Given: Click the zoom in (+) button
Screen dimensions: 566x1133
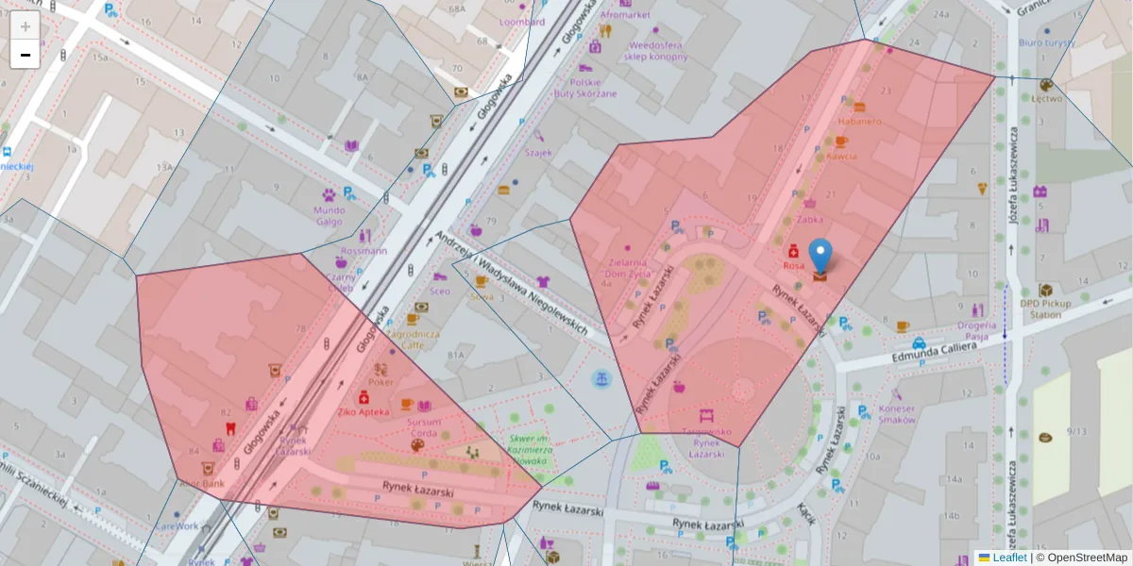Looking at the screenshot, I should pos(25,25).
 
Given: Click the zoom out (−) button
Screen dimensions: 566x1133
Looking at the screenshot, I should pos(25,55).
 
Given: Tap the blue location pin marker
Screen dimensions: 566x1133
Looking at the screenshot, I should pos(820,257).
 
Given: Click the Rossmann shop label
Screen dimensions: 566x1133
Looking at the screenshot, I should pos(364,251).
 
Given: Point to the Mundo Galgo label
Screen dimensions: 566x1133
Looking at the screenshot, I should pos(330,216).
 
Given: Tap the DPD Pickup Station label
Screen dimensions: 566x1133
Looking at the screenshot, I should pos(1044,308).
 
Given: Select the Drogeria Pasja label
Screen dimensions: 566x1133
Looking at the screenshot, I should pos(976,330).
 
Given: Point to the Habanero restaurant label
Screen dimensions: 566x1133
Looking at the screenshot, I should pos(859,121).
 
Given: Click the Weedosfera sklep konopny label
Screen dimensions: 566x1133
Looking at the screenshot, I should pos(655,50).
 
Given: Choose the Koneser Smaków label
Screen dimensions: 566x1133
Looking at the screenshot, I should pos(896,414).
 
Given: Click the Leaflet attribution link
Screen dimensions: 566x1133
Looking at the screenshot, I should pos(1008,558).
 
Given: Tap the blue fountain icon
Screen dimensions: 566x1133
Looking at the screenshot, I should pos(600,379).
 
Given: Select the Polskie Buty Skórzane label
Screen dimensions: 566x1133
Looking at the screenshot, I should pos(585,88).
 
